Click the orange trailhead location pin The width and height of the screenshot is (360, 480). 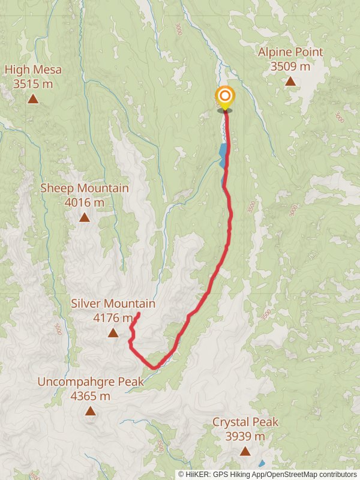click(x=225, y=98)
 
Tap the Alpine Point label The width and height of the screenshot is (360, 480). click(x=290, y=52)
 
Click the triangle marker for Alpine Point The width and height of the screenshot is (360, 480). click(x=290, y=81)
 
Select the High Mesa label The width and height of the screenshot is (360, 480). click(x=33, y=70)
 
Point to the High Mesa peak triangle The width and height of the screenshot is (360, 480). click(x=33, y=98)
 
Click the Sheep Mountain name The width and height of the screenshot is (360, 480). click(x=85, y=188)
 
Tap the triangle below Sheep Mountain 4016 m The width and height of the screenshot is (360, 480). click(x=85, y=217)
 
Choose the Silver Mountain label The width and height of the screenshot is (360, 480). click(x=113, y=304)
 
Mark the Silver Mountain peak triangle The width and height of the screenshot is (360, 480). click(x=113, y=332)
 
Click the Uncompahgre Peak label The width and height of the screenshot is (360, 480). click(x=91, y=382)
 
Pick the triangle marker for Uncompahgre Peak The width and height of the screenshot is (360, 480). click(x=90, y=411)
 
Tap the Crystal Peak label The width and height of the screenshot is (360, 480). click(x=245, y=422)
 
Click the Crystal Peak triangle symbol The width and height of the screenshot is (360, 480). click(x=245, y=451)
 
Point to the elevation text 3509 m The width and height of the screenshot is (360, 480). click(x=290, y=67)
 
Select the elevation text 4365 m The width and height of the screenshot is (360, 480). click(x=91, y=396)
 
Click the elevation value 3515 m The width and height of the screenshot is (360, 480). click(x=33, y=84)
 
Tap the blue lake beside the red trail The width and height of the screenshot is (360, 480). click(x=223, y=155)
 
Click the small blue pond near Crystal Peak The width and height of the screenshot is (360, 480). click(x=261, y=463)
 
